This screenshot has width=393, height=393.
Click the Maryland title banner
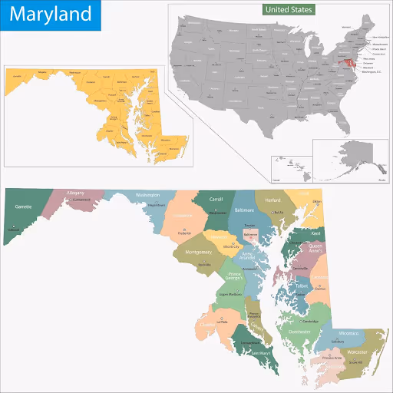(x=50, y=15)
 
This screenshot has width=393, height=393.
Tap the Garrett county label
(x=23, y=206)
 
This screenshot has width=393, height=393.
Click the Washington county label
(x=147, y=196)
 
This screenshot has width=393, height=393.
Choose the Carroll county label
(x=216, y=198)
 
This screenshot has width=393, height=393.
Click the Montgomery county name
(x=198, y=253)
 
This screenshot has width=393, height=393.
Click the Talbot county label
(x=301, y=286)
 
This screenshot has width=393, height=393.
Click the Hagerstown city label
(x=157, y=206)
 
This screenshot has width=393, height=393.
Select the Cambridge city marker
(x=304, y=317)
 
